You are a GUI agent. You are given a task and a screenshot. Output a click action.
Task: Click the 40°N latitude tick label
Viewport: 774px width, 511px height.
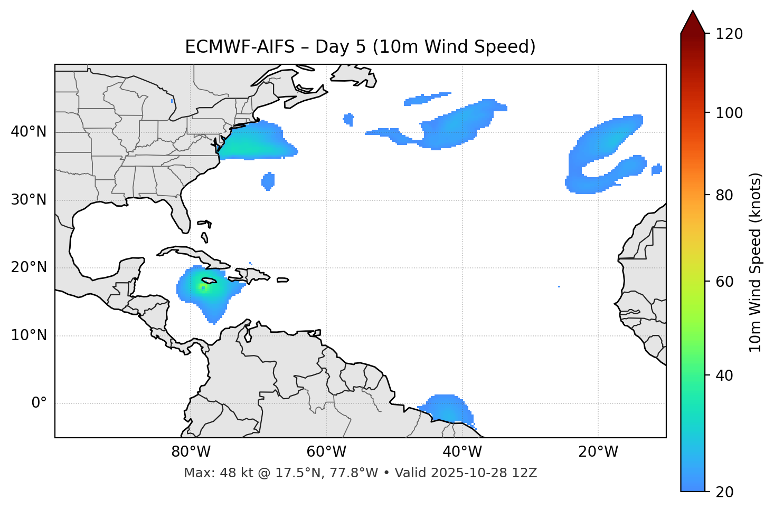tap(29, 132)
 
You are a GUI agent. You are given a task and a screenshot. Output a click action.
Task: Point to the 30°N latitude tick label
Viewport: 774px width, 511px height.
tap(29, 200)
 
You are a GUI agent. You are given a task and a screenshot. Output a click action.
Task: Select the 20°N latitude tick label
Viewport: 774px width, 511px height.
tap(29, 267)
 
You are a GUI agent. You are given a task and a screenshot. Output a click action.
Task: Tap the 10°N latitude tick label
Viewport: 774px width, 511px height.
tap(29, 335)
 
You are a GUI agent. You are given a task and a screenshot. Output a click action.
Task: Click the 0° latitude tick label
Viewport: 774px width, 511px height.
tap(39, 403)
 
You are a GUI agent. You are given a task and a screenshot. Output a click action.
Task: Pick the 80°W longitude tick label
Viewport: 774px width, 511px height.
tap(191, 452)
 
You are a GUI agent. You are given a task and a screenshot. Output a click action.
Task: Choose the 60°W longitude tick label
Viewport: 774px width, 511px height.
tap(326, 452)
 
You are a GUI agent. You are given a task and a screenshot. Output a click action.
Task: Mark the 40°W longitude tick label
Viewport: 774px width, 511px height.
tap(462, 452)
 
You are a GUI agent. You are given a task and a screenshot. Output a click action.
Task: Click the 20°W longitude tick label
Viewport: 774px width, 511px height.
tap(598, 452)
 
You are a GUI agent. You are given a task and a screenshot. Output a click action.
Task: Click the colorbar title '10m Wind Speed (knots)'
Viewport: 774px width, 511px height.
tap(756, 262)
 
